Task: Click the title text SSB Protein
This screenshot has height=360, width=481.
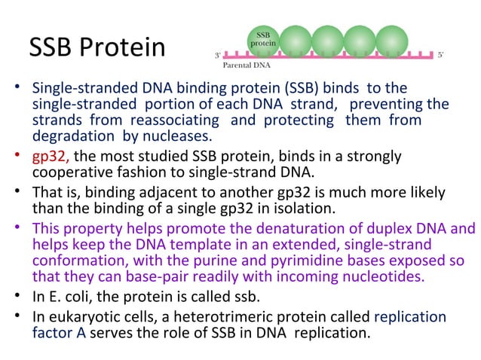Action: pyautogui.click(x=97, y=47)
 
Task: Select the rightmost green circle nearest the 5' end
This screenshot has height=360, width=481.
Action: pyautogui.click(x=391, y=40)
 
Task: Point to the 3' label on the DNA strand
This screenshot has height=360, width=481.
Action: pyautogui.click(x=218, y=55)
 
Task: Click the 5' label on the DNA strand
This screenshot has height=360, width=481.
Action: pyautogui.click(x=441, y=55)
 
